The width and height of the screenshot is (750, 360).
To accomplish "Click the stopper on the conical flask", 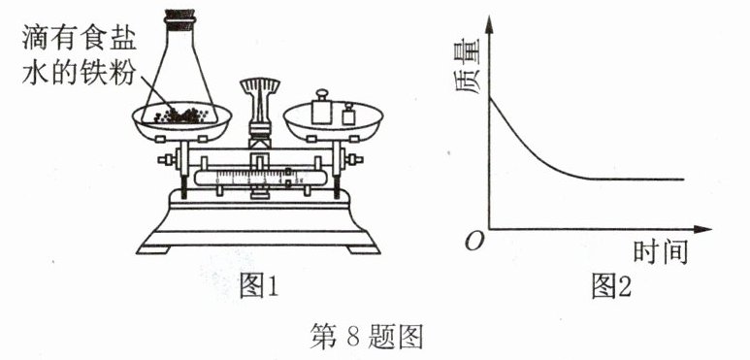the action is [179, 16].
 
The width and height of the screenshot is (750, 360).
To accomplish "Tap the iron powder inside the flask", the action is [180, 115].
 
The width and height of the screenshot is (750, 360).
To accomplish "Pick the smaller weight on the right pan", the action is [348, 114].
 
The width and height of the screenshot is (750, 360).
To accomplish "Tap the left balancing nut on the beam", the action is [168, 160].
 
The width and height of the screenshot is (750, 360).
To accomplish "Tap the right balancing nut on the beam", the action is [353, 159].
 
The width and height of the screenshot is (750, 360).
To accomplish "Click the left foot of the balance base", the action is [153, 249].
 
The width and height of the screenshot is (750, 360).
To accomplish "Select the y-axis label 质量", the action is [468, 67].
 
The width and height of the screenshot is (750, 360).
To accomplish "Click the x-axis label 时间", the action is [661, 252].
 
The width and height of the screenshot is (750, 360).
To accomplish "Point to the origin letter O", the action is [474, 243].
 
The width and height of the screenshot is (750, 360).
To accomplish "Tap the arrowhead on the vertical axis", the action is [489, 23].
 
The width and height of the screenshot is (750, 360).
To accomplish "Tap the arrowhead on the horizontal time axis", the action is [702, 229].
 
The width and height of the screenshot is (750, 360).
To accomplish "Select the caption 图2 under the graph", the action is [611, 287].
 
